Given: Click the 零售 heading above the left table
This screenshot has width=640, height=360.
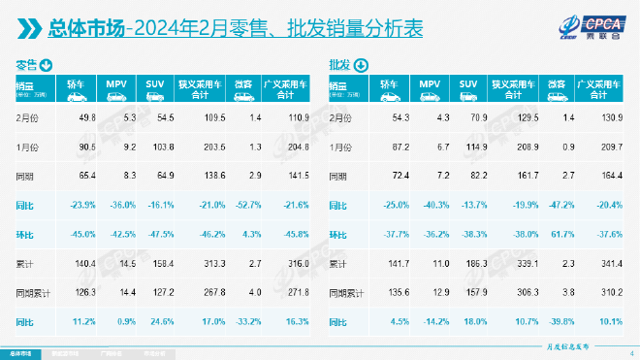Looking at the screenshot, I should click(26, 66).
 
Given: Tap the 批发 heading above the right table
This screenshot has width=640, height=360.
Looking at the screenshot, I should click(340, 66).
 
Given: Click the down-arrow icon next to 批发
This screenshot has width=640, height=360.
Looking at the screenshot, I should click(361, 66).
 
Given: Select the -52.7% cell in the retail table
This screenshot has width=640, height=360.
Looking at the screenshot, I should click(250, 205).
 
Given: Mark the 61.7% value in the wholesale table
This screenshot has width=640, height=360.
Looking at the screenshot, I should click(565, 234).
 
